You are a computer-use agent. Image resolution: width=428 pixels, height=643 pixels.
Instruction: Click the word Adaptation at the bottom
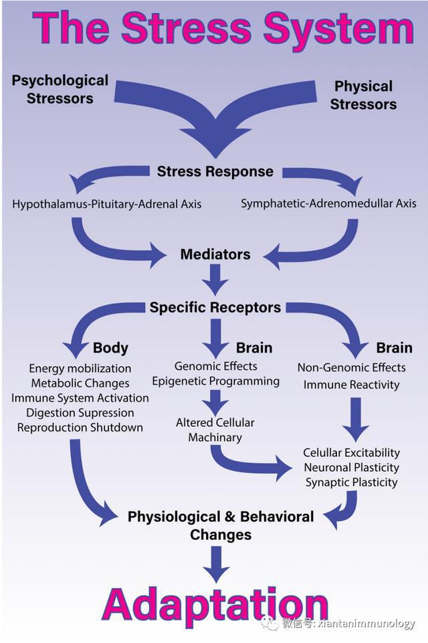pyautogui.click(x=215, y=604)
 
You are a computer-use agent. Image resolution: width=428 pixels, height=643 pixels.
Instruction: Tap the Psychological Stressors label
pyautogui.click(x=60, y=89)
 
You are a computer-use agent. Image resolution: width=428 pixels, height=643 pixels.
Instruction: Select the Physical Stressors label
pyautogui.click(x=363, y=95)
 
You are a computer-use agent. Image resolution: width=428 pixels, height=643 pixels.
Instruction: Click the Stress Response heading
pyautogui.click(x=215, y=171)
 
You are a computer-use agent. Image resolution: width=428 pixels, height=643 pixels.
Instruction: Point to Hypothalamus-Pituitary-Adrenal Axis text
pyautogui.click(x=106, y=203)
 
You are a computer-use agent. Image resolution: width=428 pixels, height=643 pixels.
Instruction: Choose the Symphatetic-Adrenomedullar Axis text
pyautogui.click(x=328, y=203)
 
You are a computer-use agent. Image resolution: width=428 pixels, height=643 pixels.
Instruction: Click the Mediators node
pyautogui.click(x=215, y=254)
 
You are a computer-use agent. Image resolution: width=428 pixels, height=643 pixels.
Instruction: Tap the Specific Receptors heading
pyautogui.click(x=215, y=307)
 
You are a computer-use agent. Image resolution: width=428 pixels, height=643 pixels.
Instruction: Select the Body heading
pyautogui.click(x=110, y=348)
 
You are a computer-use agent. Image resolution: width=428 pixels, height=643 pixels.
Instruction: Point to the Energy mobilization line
pyautogui.click(x=80, y=369)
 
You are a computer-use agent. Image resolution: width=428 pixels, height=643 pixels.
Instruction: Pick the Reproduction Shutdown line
pyautogui.click(x=80, y=428)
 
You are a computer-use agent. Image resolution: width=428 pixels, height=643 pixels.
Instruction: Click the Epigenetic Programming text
pyautogui.click(x=215, y=381)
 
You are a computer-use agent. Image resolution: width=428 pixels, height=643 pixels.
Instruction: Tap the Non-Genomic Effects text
pyautogui.click(x=351, y=367)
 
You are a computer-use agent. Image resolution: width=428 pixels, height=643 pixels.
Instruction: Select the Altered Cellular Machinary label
pyautogui.click(x=215, y=430)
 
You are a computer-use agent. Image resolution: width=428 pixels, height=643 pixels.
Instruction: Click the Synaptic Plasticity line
pyautogui.click(x=351, y=482)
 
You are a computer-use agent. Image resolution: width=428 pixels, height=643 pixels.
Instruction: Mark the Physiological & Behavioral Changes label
pyautogui.click(x=220, y=525)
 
